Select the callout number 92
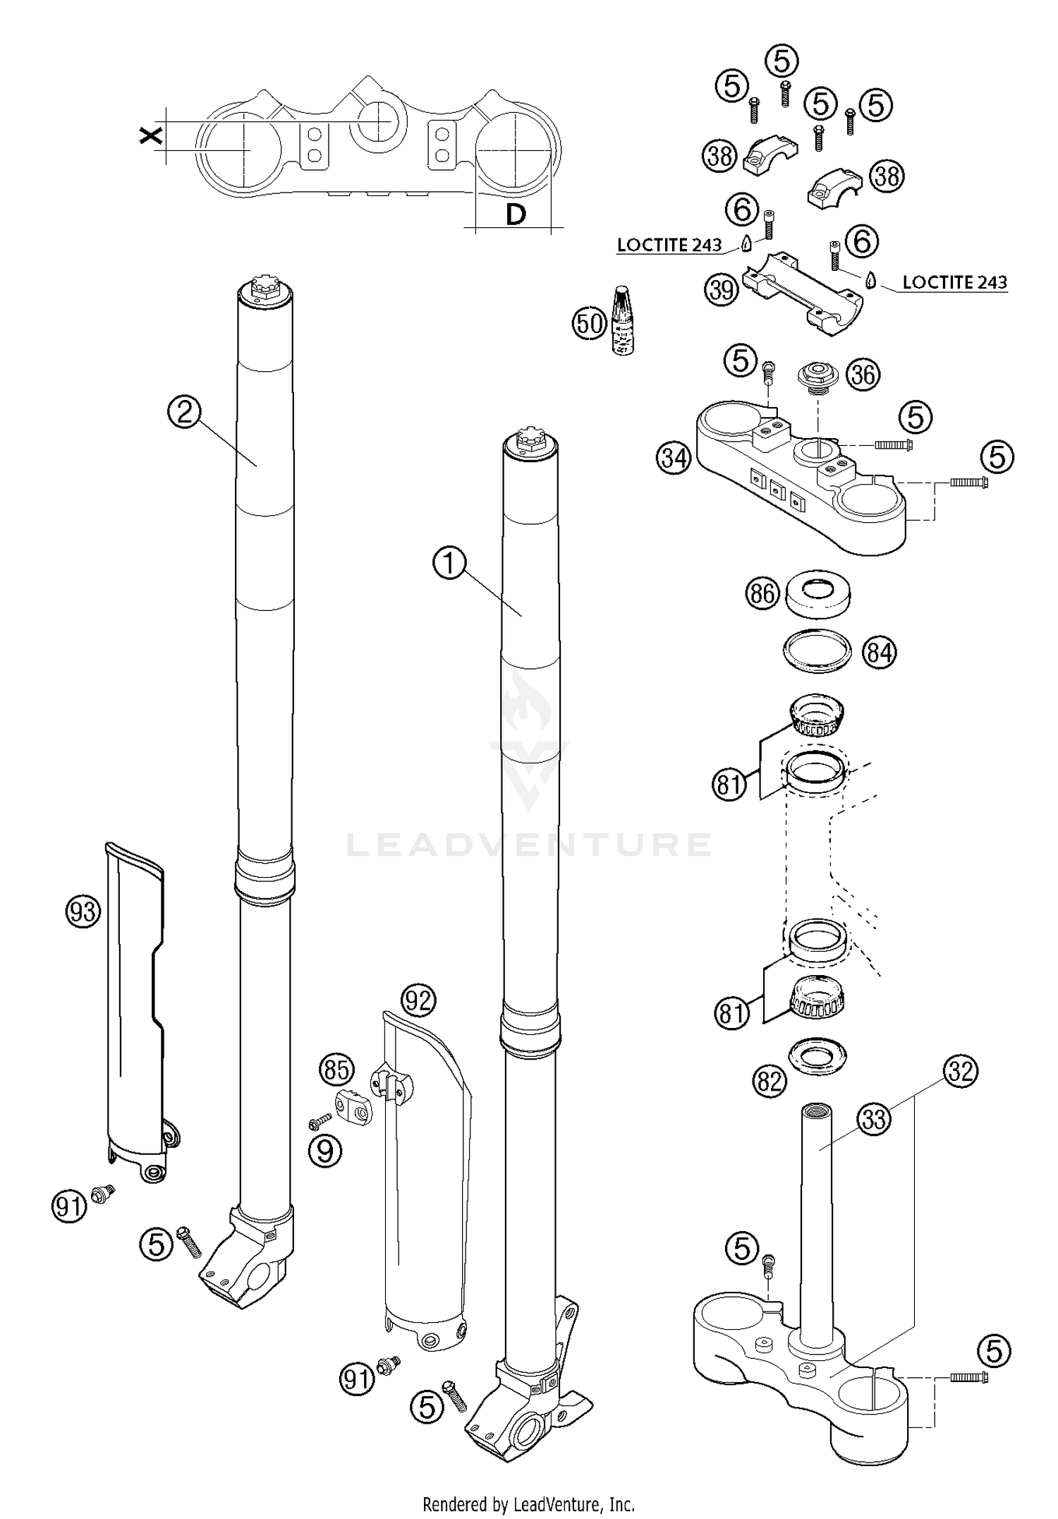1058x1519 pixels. pyautogui.click(x=419, y=1000)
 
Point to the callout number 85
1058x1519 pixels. pyautogui.click(x=336, y=1070)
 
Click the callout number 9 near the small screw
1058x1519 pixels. pyautogui.click(x=324, y=1151)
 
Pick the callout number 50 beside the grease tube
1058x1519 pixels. pyautogui.click(x=589, y=323)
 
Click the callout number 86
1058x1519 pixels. pyautogui.click(x=762, y=594)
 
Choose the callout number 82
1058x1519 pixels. pyautogui.click(x=769, y=1081)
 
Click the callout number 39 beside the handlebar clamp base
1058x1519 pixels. pyautogui.click(x=722, y=289)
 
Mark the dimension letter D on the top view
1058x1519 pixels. pyautogui.click(x=516, y=214)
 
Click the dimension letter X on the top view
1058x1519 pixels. pyautogui.click(x=150, y=135)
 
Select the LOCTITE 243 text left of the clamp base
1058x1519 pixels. pyautogui.click(x=669, y=245)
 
